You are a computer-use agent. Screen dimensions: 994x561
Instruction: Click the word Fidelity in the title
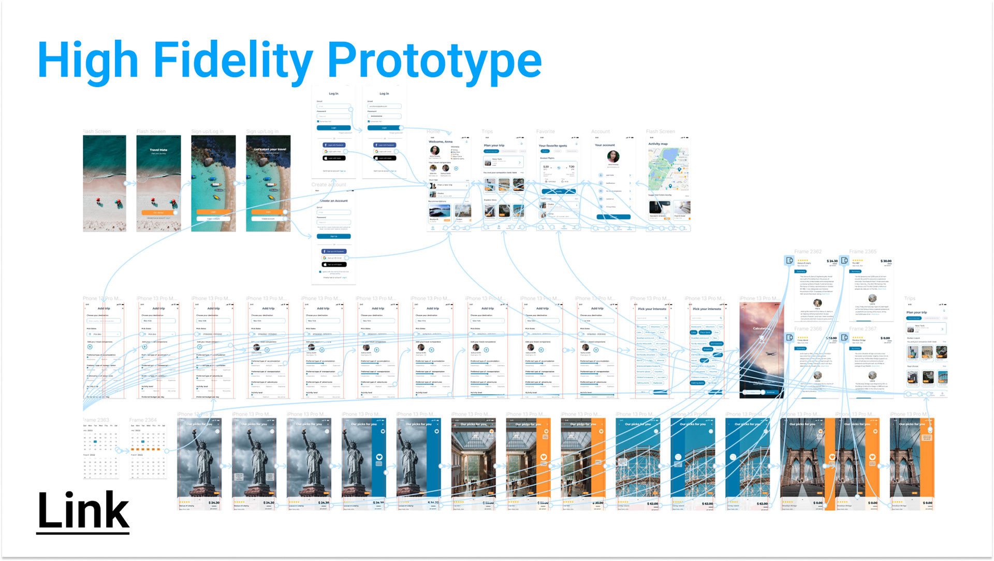point(233,61)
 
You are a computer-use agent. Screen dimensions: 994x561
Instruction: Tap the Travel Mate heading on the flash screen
point(158,150)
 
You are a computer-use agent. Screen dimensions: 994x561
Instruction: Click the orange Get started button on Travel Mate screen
point(158,212)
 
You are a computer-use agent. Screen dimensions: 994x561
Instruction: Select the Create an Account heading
point(334,201)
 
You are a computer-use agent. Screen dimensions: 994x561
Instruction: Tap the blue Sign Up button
point(334,236)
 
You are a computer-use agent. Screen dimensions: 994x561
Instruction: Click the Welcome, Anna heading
point(441,142)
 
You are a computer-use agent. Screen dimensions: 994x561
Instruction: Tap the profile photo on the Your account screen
point(613,156)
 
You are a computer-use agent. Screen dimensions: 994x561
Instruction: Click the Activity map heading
point(658,144)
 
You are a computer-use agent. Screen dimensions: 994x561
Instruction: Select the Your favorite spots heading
point(553,146)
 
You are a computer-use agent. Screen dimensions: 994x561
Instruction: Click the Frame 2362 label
point(808,252)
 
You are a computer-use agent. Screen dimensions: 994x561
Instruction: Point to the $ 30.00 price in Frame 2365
point(886,261)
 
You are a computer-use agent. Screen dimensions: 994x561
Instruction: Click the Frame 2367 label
point(863,329)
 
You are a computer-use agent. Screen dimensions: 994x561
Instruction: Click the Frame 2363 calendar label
point(96,420)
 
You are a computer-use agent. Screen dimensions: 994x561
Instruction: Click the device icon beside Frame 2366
point(790,338)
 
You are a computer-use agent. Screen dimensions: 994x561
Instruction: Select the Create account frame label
point(329,185)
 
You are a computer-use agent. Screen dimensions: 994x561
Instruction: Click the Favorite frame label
point(545,132)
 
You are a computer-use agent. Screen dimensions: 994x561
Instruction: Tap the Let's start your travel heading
point(270,149)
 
